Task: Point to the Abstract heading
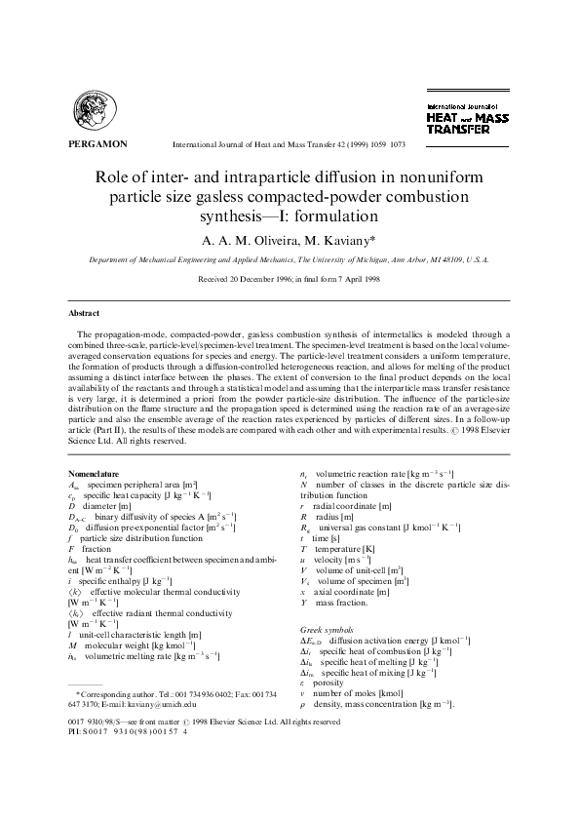click(x=83, y=313)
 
